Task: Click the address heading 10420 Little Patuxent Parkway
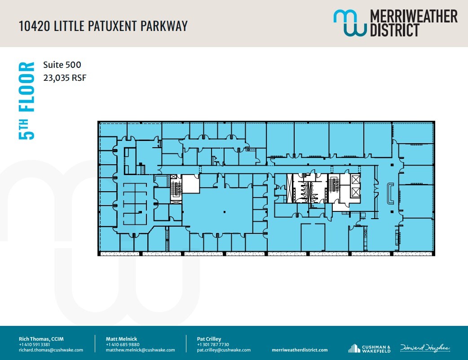(103, 26)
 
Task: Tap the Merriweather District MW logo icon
(350, 23)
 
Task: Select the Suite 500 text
(62, 65)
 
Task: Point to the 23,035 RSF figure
(64, 78)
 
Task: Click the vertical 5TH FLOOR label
(26, 101)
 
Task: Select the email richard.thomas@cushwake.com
(51, 350)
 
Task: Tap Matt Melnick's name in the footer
(121, 339)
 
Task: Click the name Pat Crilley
(209, 339)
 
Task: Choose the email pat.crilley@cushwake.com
(224, 350)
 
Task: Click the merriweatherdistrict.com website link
(300, 350)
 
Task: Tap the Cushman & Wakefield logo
(369, 348)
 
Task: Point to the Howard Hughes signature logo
(425, 348)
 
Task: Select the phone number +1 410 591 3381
(34, 344)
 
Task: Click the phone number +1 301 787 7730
(213, 344)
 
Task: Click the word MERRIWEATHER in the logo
(413, 17)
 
